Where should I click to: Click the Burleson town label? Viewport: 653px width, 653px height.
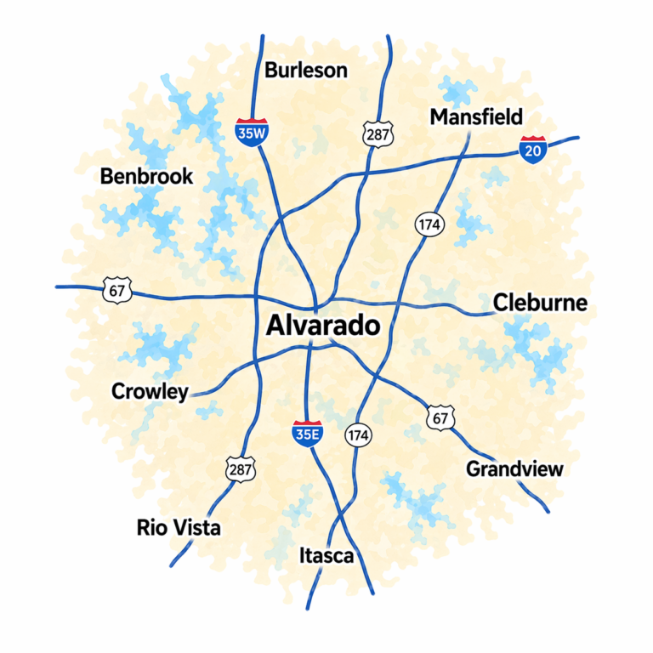tap(306, 70)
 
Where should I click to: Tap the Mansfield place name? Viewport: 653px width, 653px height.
tap(476, 116)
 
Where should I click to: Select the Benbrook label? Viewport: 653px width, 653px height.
tap(146, 176)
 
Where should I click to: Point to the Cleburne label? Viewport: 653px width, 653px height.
tap(540, 303)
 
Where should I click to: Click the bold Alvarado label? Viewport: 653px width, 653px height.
tap(322, 326)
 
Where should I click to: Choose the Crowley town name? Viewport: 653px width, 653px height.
tap(150, 391)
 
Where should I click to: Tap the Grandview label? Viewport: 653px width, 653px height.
tap(514, 468)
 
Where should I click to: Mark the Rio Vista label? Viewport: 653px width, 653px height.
tap(179, 527)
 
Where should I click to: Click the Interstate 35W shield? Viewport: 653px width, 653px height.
tap(248, 133)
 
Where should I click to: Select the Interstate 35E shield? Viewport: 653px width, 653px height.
tap(306, 433)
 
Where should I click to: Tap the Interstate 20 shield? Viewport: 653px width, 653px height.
tap(532, 150)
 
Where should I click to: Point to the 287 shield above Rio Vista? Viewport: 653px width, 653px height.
tap(241, 468)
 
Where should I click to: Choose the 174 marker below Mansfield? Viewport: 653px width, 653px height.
tap(428, 224)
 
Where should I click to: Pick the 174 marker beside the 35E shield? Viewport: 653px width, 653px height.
tap(358, 435)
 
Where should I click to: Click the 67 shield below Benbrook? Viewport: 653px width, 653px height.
tap(116, 289)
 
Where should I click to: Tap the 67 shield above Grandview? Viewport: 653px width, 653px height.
tap(440, 417)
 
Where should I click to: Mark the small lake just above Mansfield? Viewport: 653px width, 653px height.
tap(460, 90)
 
